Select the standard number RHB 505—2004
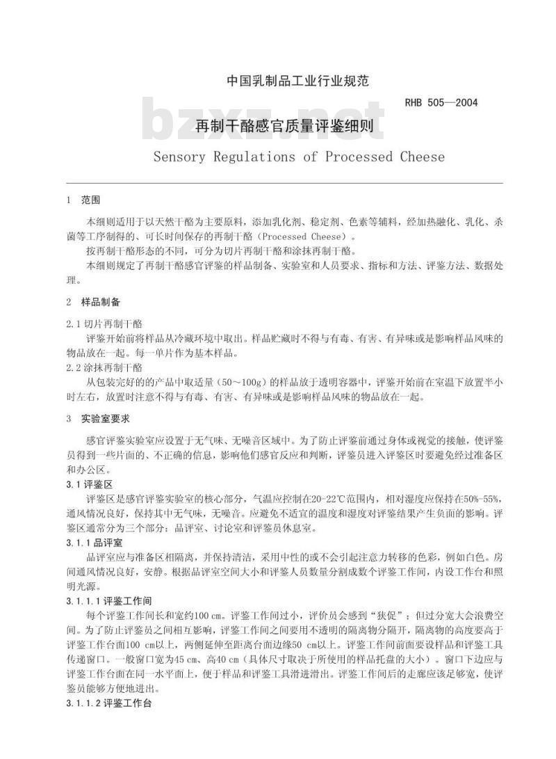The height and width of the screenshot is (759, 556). (x=441, y=103)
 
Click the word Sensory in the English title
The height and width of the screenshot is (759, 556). (x=179, y=157)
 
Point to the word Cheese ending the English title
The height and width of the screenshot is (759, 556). (x=422, y=157)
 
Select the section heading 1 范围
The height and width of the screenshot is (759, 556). (x=83, y=200)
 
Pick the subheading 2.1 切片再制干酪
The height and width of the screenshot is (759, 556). (x=104, y=323)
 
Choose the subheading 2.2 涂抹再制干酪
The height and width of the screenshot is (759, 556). (x=104, y=367)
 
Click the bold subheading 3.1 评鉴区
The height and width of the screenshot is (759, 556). (x=95, y=483)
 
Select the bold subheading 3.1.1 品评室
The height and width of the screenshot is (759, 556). (x=99, y=541)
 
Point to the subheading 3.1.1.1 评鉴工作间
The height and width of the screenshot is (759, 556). (x=109, y=600)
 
